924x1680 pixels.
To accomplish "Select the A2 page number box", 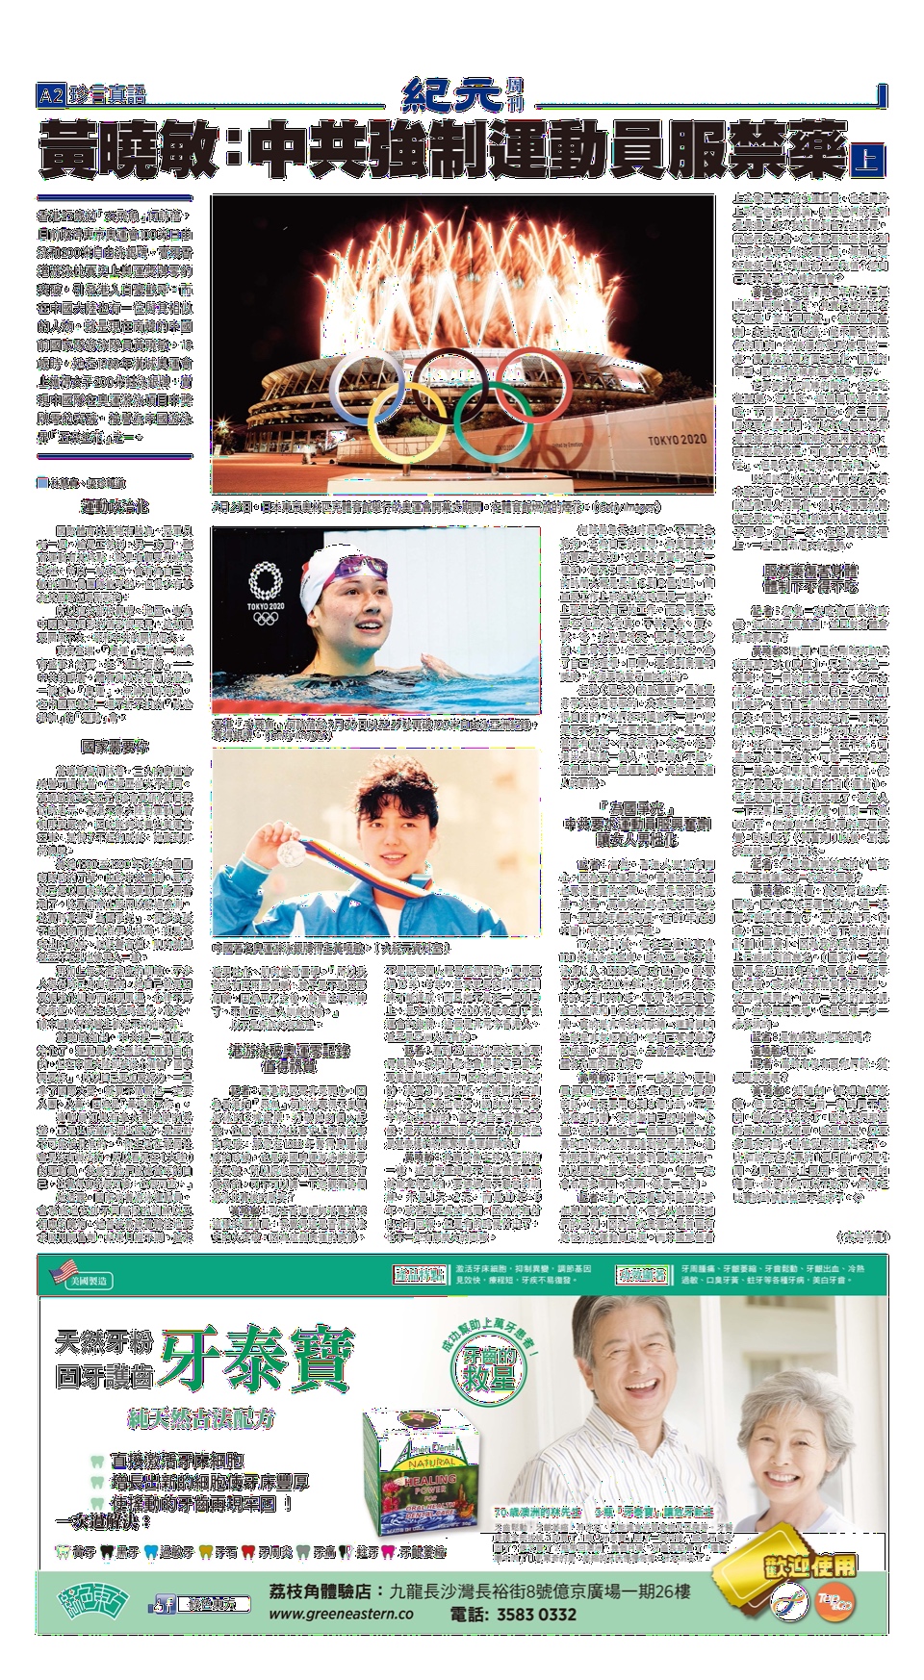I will coord(50,95).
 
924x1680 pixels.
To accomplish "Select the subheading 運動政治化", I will coord(115,505).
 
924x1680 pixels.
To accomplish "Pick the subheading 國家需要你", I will coord(115,746).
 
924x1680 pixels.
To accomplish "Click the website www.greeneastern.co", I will coord(341,1615).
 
